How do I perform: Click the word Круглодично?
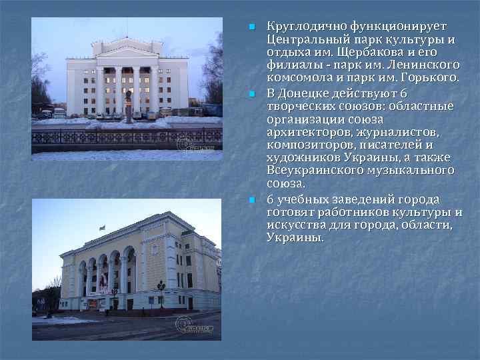297,27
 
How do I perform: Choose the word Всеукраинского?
315,170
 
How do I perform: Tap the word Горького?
433,78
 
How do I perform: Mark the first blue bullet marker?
251,27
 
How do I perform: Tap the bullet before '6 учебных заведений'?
251,200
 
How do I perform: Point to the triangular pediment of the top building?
126,50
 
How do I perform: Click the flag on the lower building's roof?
101,227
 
